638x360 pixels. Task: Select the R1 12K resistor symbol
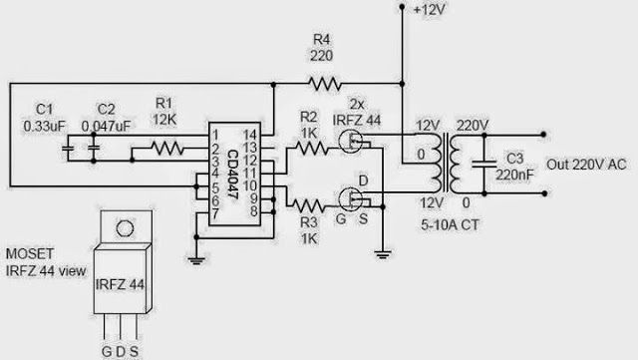point(165,149)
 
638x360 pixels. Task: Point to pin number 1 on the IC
point(214,134)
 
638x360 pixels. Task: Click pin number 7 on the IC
point(214,211)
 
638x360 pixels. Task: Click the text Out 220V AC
point(589,164)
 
